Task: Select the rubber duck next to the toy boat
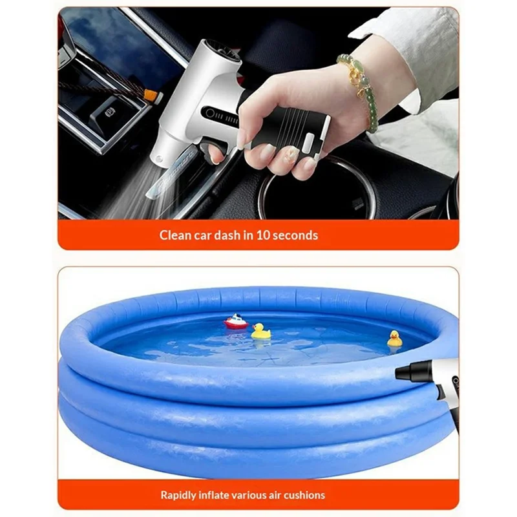click(x=260, y=331)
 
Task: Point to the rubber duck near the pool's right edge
click(x=394, y=339)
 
